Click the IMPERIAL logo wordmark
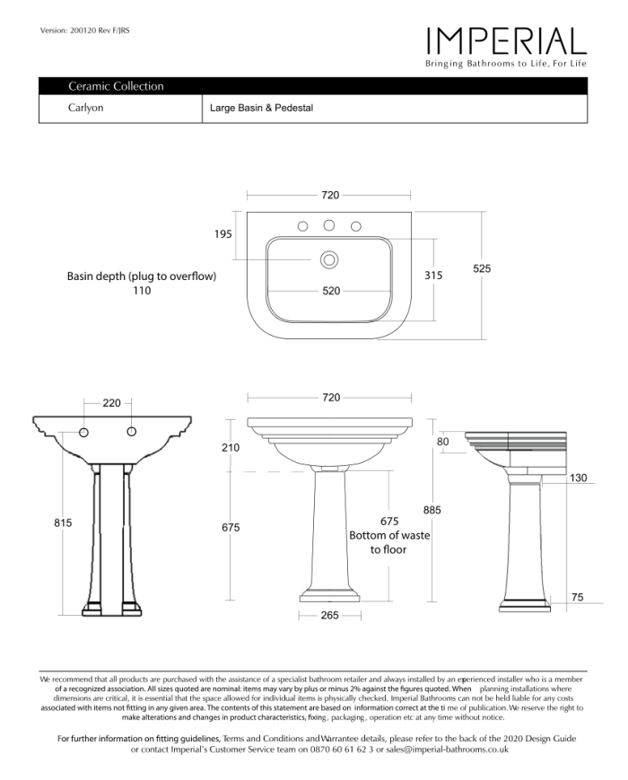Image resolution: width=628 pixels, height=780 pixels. tap(506, 41)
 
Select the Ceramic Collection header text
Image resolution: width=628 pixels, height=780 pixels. tap(116, 86)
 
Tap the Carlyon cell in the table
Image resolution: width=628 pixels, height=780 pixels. tap(86, 108)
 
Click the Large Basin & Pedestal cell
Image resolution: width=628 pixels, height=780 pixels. tap(261, 108)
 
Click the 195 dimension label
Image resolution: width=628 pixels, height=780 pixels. tap(223, 233)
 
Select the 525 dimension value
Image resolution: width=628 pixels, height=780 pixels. tap(482, 268)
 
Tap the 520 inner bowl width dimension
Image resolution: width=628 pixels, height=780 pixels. tap(331, 291)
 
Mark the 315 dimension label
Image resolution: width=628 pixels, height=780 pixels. tap(433, 276)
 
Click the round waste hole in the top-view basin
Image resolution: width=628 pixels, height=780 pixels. tap(329, 259)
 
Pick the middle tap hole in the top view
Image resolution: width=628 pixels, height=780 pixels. tap(329, 225)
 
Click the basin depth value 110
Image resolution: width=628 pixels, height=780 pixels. tap(142, 291)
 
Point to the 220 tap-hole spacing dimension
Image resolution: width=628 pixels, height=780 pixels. tap(111, 403)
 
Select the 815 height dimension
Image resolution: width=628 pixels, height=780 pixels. tap(62, 522)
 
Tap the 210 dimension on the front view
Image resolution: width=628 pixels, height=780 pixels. tap(231, 446)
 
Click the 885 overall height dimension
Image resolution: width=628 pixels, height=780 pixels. tap(432, 510)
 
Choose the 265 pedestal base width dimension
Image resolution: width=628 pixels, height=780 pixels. tap(329, 616)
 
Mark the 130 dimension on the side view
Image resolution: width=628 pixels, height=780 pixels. tap(579, 478)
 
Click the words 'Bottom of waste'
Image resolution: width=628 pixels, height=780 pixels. tap(388, 535)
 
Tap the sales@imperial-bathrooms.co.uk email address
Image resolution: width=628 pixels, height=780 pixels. tap(447, 749)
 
